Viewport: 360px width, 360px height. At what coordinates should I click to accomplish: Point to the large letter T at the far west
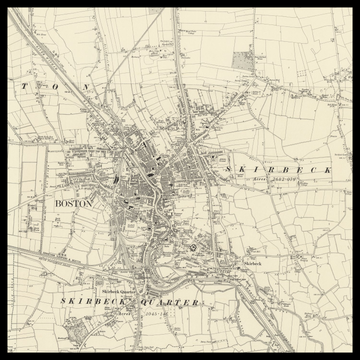pyautogui.click(x=21, y=88)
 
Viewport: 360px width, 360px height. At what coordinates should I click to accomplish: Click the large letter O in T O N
pyautogui.click(x=56, y=88)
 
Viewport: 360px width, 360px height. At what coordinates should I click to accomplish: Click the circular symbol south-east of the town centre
pyautogui.click(x=192, y=247)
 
